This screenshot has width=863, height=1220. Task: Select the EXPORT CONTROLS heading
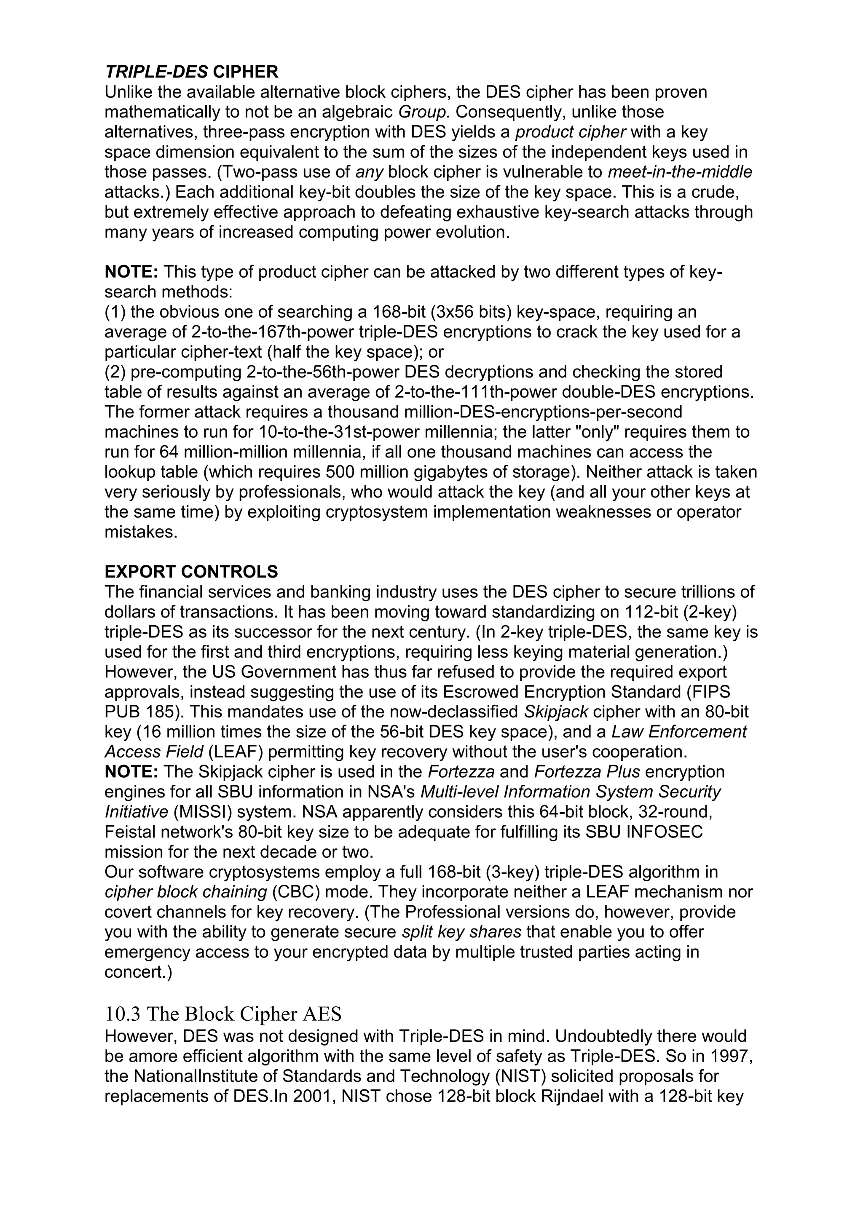pos(191,572)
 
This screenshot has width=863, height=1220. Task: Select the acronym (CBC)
pos(295,892)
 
